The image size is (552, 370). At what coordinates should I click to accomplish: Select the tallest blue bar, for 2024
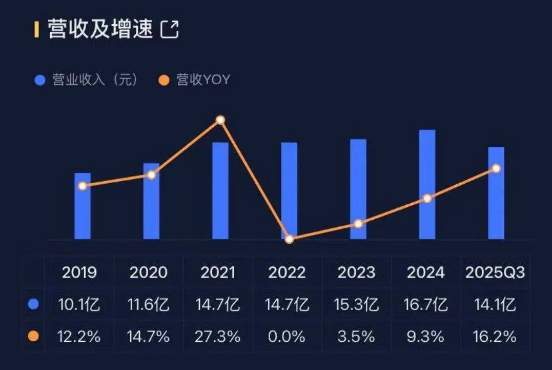(427, 185)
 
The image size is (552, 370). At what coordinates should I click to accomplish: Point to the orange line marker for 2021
(220, 120)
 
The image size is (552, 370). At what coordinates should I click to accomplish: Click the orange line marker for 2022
(289, 239)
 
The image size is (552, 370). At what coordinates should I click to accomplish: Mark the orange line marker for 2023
(358, 224)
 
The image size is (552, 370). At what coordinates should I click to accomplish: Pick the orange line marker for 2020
(151, 175)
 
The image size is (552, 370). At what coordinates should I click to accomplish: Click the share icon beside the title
(170, 29)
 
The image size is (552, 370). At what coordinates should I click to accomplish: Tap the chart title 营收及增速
(100, 29)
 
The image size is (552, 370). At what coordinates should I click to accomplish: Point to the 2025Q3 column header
(495, 272)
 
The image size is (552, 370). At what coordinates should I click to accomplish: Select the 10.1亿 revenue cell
(79, 305)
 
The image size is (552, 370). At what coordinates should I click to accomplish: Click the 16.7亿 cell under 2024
(426, 305)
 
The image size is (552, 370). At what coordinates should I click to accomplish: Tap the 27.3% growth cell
(217, 337)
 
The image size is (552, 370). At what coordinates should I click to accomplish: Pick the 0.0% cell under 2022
(287, 337)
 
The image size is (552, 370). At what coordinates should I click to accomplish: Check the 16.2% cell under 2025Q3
(495, 337)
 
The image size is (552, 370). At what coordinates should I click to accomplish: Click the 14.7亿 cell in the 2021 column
(217, 305)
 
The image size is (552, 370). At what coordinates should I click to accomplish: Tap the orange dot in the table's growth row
(34, 337)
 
